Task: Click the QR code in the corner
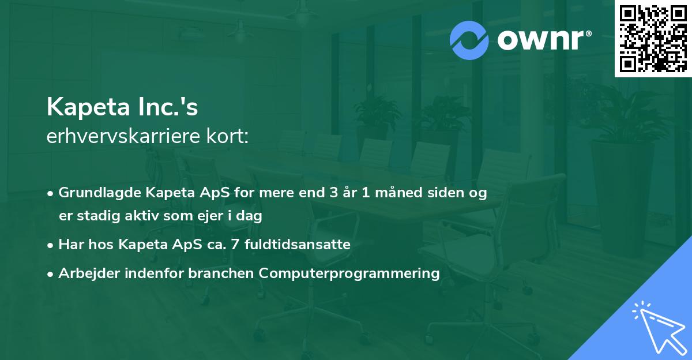tap(653, 39)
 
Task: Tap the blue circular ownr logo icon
tap(469, 40)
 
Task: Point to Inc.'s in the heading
tap(171, 107)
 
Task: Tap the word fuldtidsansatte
tap(298, 245)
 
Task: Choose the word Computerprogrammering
tap(349, 273)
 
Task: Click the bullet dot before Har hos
tap(51, 245)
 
